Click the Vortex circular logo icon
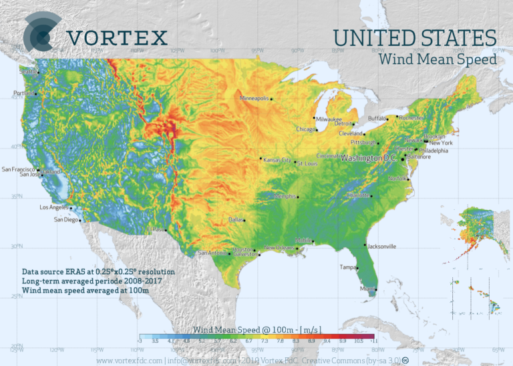42,33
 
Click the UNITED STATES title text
415,37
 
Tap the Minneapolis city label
254,99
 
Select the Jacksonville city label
382,246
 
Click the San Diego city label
66,219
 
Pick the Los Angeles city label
54,207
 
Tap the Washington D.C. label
368,159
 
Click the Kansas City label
277,160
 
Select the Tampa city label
347,267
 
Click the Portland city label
23,93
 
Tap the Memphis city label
285,196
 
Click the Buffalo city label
377,118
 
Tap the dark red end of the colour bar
367,337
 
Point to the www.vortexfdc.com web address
130,361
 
